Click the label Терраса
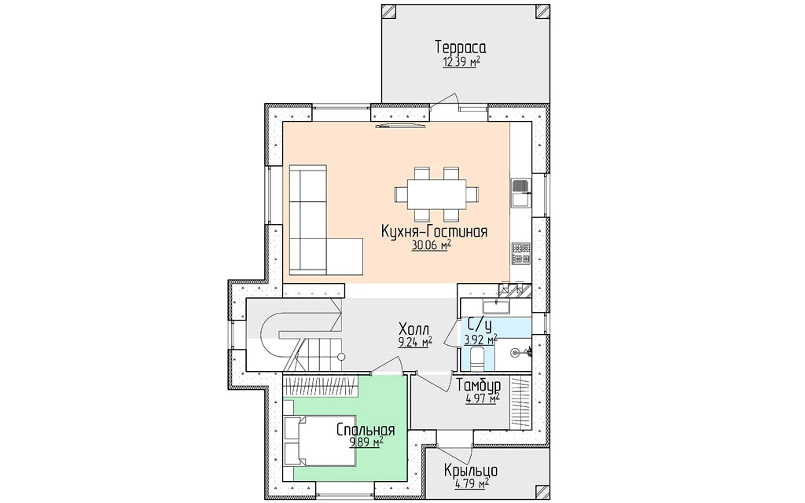click(461, 47)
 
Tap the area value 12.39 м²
click(461, 63)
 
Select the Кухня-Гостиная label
click(434, 232)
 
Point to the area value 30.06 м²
click(432, 246)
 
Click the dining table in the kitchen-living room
click(437, 194)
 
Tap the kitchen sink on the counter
click(520, 193)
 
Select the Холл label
click(414, 329)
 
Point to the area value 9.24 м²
click(415, 343)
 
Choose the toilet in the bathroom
click(477, 358)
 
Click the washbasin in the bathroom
click(495, 307)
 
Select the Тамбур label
click(479, 385)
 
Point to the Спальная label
click(366, 430)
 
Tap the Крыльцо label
click(471, 471)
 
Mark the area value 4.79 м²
click(472, 484)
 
